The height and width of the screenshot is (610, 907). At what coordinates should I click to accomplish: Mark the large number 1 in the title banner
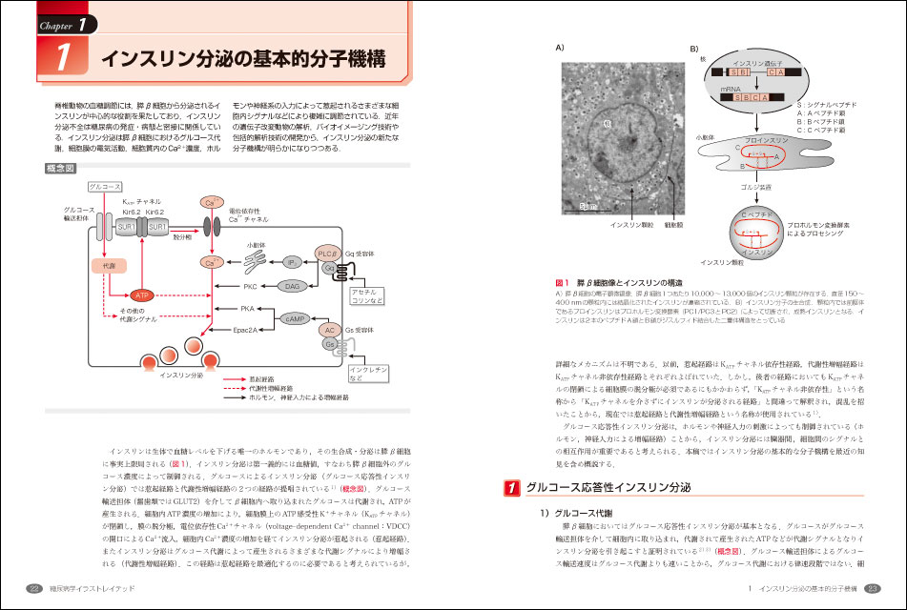pyautogui.click(x=62, y=58)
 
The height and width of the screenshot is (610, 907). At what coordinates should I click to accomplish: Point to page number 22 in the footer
pyautogui.click(x=33, y=587)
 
